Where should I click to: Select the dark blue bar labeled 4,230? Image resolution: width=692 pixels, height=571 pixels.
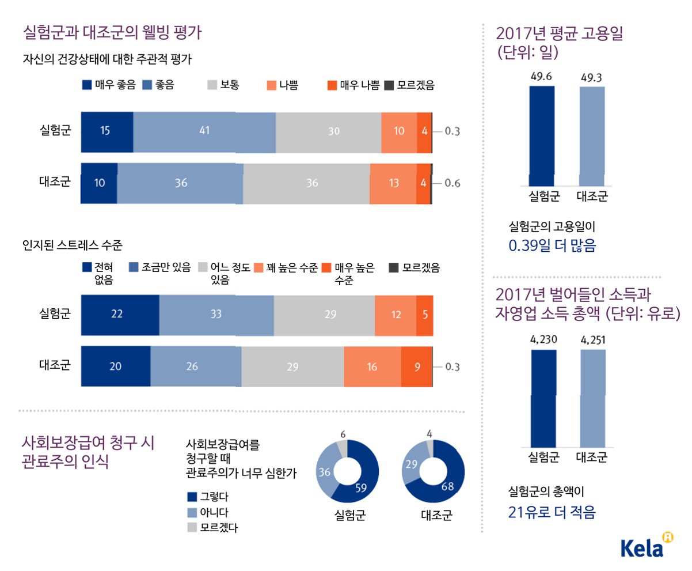[x=543, y=398]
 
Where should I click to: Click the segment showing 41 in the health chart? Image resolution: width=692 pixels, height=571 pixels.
[x=204, y=131]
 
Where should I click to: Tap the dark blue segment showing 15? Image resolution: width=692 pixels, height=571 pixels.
[x=107, y=131]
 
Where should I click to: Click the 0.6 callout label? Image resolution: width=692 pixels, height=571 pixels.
[x=453, y=184]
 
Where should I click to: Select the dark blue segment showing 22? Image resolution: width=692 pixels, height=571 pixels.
[x=120, y=315]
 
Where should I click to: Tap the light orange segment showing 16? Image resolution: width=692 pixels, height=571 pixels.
[x=372, y=366]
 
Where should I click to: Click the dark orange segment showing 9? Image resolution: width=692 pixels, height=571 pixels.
[x=416, y=366]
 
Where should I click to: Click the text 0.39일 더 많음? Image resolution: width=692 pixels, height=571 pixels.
[x=552, y=246]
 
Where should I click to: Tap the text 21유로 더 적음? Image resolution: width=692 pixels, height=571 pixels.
[x=552, y=512]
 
